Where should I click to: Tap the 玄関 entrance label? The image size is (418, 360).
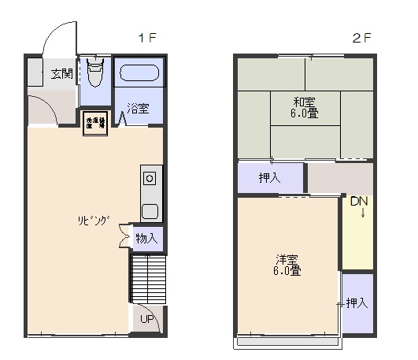pos(62,74)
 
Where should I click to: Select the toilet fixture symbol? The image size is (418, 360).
pos(95,76)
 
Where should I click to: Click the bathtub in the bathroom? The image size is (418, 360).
pos(141,76)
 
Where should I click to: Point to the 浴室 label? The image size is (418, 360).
pos(139,109)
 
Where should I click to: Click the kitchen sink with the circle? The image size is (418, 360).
pos(150,178)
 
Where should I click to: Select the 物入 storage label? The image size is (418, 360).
pos(146,237)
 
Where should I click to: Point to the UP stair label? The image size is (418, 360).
pos(146,319)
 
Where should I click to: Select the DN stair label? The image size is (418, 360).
pos(359,202)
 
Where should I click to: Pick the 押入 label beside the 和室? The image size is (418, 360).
pos(270,178)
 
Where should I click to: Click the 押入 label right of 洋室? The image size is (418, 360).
pos(357,302)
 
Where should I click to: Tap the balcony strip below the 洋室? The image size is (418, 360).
pos(287,343)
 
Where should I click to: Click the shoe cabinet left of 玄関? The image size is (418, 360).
pos(35,74)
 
